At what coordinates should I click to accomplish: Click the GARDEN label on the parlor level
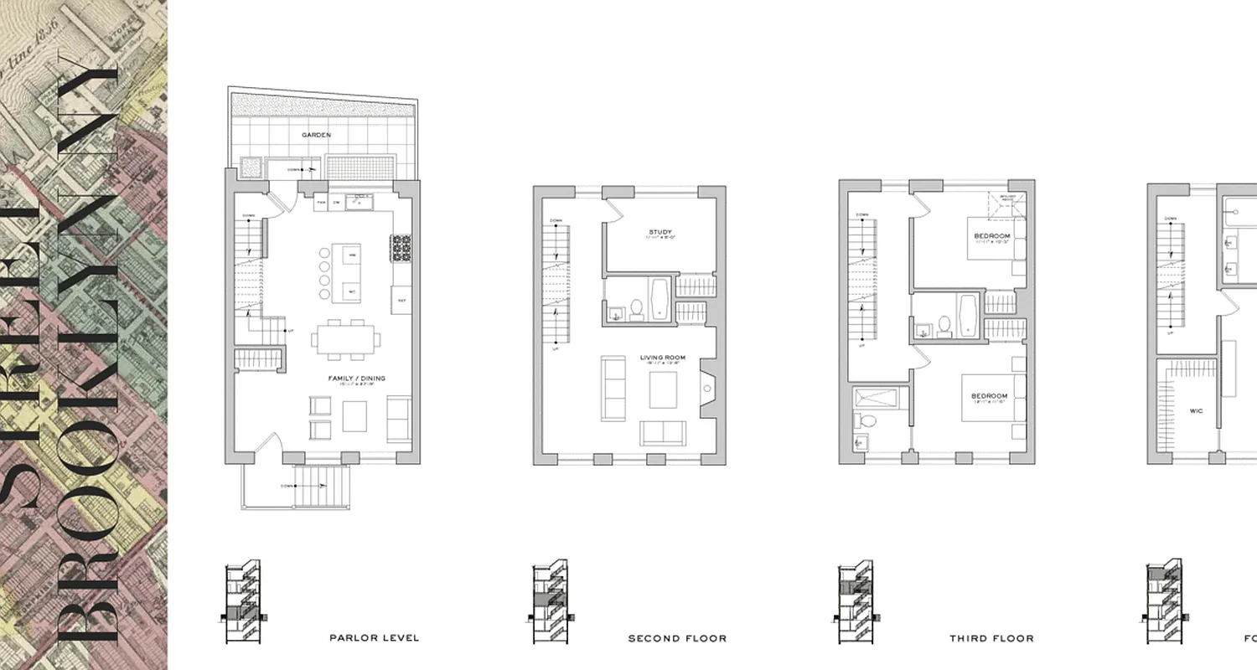318,134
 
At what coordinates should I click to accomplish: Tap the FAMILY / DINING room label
356,379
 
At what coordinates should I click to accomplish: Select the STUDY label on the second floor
660,232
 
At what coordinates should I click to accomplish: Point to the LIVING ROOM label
663,358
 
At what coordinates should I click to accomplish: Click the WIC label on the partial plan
1196,411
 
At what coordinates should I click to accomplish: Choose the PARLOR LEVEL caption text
375,638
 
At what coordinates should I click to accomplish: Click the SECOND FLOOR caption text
677,638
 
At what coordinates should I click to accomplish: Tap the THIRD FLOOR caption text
991,638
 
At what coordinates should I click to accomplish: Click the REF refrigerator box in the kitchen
401,299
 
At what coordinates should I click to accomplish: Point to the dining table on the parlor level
345,339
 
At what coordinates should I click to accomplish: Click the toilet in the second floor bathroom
636,310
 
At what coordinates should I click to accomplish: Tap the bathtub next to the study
659,300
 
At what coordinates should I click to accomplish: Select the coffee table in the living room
663,389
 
